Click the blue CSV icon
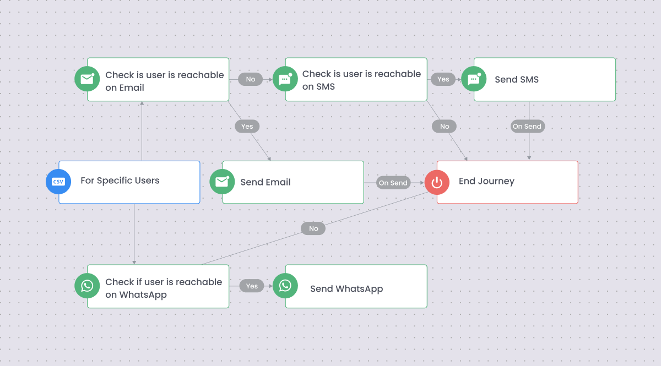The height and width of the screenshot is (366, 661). click(58, 182)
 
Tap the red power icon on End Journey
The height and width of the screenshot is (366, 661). click(437, 182)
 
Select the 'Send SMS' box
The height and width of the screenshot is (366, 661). click(544, 79)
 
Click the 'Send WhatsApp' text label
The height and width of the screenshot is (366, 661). click(346, 288)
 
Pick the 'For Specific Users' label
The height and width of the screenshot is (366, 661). click(120, 181)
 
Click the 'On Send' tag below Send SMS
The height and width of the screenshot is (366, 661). click(527, 127)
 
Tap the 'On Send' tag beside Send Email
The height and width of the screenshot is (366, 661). click(393, 183)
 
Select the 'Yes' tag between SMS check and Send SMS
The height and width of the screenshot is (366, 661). click(443, 79)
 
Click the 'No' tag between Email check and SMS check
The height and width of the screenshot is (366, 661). click(251, 79)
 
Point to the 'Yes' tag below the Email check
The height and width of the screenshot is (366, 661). click(247, 127)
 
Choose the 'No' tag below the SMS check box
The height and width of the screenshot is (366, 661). click(445, 127)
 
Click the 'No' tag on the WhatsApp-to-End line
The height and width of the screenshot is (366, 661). click(313, 228)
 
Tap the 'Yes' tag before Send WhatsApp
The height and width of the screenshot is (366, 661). click(252, 286)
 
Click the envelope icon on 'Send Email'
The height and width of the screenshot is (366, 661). click(222, 182)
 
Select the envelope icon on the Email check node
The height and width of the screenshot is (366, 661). click(87, 79)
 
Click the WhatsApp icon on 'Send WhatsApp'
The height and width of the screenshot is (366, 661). click(285, 286)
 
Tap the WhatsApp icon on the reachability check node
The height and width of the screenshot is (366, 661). click(87, 286)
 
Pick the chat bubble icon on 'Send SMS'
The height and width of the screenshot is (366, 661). click(474, 79)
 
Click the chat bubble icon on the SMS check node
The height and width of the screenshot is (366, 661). click(285, 79)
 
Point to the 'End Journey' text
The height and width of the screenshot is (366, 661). click(486, 181)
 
